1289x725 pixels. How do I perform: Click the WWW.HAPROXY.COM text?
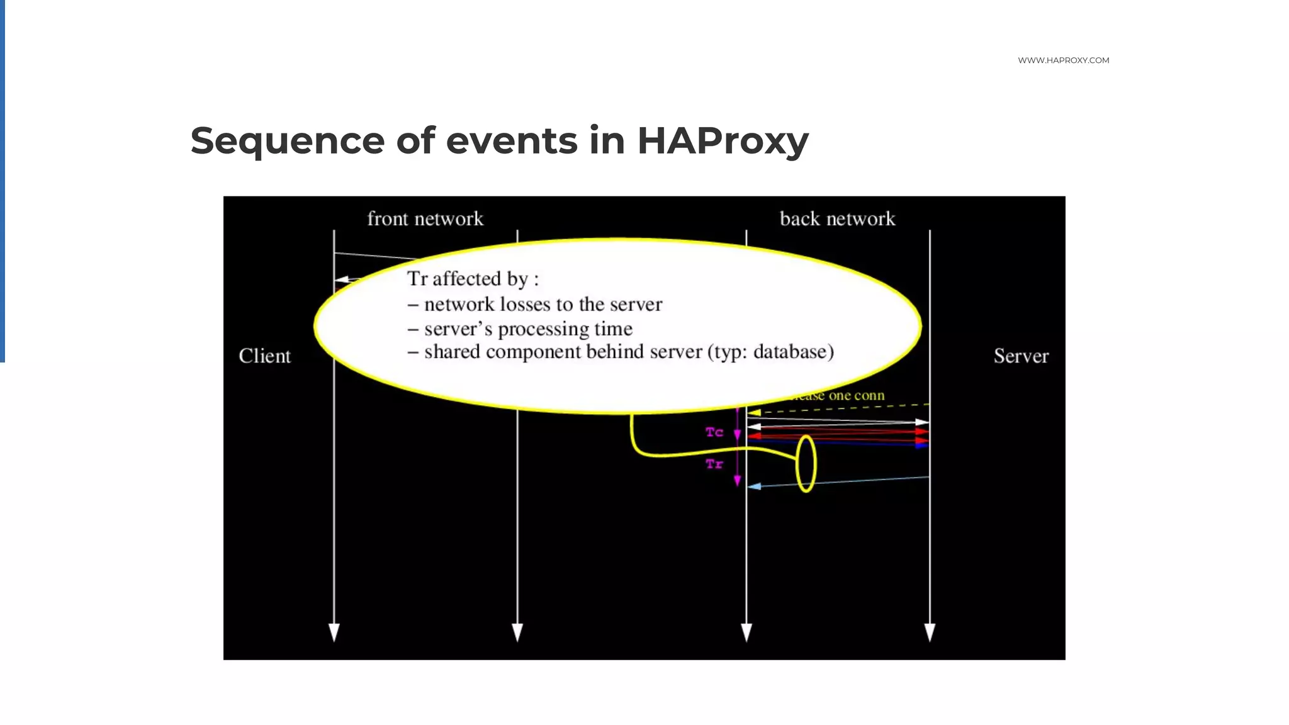click(x=1063, y=60)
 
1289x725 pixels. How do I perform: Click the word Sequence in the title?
click(x=287, y=140)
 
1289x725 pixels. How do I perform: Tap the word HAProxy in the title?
click(x=723, y=140)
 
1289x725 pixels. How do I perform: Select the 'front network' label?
click(x=425, y=218)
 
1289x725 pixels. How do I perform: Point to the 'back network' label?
click(x=837, y=218)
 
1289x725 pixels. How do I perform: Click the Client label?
click(x=264, y=356)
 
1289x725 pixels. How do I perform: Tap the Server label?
click(x=1021, y=356)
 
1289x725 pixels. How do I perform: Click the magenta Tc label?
click(x=714, y=432)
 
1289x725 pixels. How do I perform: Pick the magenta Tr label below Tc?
click(x=714, y=464)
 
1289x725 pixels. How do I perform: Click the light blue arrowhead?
click(x=754, y=486)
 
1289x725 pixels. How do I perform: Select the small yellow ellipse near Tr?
click(x=806, y=463)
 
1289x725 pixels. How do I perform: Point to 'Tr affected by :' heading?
click(x=473, y=278)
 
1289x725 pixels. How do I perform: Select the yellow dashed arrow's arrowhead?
click(x=754, y=413)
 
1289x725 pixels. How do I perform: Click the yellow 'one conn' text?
click(x=856, y=395)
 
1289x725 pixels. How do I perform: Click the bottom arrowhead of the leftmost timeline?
click(x=334, y=632)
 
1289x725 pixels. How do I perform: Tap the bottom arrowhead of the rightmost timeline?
click(x=930, y=632)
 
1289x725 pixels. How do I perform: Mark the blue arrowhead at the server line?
click(x=921, y=445)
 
